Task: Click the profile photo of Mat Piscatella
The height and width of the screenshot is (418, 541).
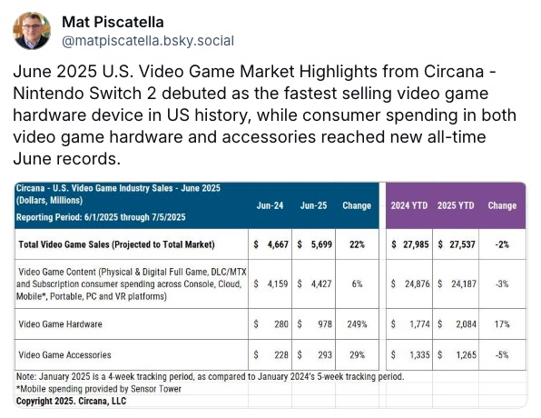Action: (x=32, y=31)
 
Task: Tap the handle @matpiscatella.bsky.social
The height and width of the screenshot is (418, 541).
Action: (x=148, y=41)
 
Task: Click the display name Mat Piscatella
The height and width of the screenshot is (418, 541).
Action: (x=113, y=22)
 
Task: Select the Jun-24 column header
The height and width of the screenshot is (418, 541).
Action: (x=270, y=205)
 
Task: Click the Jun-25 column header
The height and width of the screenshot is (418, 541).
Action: (x=313, y=205)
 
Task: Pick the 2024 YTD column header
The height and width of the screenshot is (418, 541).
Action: (x=409, y=205)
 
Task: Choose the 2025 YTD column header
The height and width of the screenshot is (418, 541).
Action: (x=456, y=205)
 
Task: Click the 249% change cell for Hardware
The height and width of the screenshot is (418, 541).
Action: (x=357, y=324)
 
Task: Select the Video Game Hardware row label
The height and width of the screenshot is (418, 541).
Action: (x=61, y=324)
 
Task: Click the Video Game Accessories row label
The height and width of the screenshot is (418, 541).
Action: (x=64, y=354)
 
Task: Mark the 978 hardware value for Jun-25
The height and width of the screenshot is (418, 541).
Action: (x=325, y=324)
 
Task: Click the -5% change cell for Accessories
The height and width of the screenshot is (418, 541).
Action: (x=502, y=354)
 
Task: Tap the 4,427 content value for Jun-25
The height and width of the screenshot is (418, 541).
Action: (x=321, y=284)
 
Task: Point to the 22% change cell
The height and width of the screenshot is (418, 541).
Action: (x=357, y=244)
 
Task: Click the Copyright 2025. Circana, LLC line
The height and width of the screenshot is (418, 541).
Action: (x=71, y=401)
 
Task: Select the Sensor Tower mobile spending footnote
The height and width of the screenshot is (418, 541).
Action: (x=99, y=389)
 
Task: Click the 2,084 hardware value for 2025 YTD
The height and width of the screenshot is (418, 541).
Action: (x=467, y=324)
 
